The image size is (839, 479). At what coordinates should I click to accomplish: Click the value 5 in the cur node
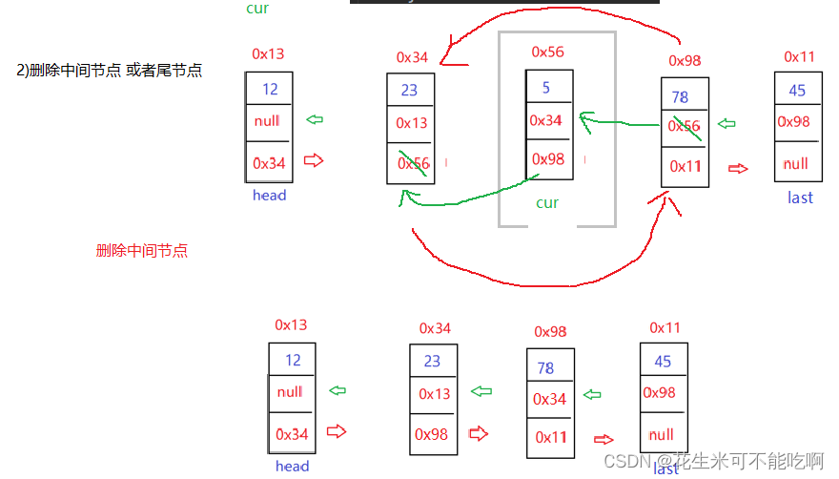(x=546, y=88)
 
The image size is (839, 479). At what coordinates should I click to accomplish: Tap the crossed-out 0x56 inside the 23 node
(x=413, y=162)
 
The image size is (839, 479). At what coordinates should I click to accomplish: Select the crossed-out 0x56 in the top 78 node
(x=685, y=127)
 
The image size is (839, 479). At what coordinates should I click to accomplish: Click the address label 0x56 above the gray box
(x=547, y=52)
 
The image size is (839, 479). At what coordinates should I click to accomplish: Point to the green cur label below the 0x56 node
(x=547, y=202)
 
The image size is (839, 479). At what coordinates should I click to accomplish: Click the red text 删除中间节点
(x=142, y=251)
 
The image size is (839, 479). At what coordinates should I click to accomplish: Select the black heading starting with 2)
(x=110, y=70)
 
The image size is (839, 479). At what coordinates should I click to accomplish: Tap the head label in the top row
(x=269, y=196)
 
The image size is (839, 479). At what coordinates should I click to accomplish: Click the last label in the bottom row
(x=666, y=468)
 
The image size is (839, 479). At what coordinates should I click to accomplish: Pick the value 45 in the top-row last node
(x=797, y=92)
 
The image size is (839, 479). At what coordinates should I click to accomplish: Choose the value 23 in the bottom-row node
(x=432, y=362)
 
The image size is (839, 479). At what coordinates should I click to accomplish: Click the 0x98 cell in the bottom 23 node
(x=433, y=433)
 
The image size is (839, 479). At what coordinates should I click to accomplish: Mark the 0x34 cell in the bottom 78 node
(x=550, y=399)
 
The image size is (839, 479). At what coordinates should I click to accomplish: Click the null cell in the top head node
(x=267, y=121)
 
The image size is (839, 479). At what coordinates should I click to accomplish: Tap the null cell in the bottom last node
(x=662, y=433)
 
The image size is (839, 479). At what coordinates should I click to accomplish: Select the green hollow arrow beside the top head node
(x=314, y=120)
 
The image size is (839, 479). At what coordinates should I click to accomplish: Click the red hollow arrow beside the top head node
(x=314, y=160)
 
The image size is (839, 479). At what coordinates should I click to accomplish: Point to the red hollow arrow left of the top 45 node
(x=738, y=168)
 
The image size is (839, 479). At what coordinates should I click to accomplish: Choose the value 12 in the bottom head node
(x=292, y=361)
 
